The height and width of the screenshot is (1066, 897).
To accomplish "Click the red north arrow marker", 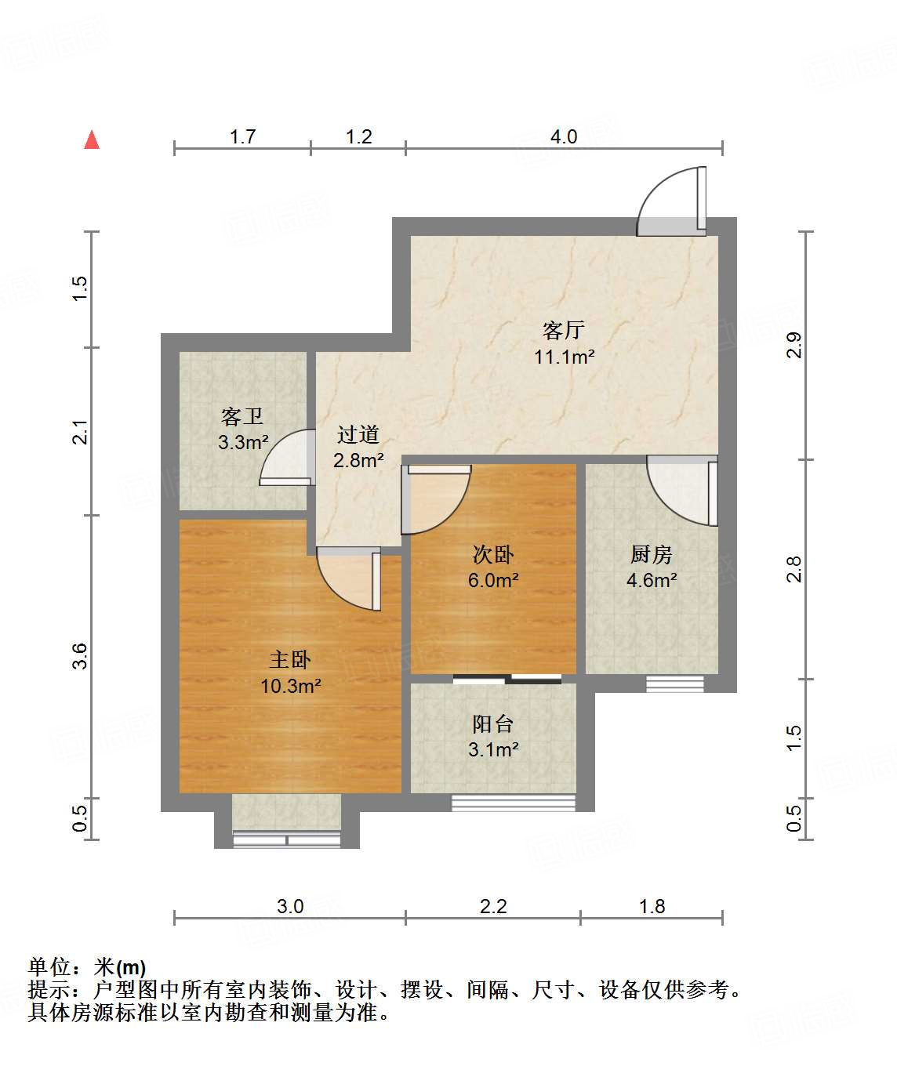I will pos(92,140).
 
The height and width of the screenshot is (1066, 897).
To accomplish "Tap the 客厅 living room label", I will pos(563,330).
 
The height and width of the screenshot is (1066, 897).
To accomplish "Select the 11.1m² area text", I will pos(564,357).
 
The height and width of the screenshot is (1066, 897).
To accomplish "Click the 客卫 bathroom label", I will pos(241,416).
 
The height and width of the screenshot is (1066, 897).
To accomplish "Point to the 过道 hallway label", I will pos(358,434).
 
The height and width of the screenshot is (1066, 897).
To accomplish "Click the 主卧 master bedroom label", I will pos(290,660).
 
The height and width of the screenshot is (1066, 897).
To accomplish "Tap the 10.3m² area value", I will pos(291,687).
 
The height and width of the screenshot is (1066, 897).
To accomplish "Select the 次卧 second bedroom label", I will pos(493,555).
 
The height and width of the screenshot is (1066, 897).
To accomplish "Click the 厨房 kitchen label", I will pos(651,555).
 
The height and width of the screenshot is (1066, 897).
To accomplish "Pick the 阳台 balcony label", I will pos(493,723).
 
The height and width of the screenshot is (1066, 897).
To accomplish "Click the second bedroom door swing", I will pos(435,499).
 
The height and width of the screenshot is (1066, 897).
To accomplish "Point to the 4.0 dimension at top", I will pos(563,137).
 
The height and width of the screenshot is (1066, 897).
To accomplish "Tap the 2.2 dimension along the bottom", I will pos(493,907).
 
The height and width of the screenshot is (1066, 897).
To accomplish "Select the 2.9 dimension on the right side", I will pos(794,346).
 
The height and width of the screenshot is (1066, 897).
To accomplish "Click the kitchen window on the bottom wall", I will pos(675,684).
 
